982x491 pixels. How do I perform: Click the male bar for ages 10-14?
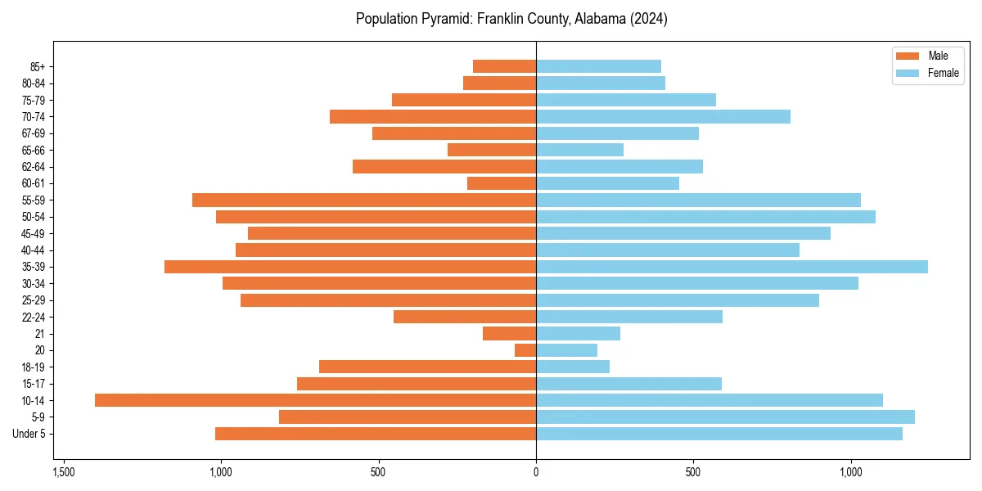[x=315, y=400]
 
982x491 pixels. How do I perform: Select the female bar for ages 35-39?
[x=732, y=267]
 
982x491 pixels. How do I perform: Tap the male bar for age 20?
[x=525, y=350]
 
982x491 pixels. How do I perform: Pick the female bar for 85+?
[x=598, y=66]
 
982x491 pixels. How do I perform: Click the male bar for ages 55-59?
[x=364, y=200]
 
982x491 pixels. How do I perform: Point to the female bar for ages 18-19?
[x=573, y=367]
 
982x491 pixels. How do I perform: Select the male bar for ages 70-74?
[x=433, y=116]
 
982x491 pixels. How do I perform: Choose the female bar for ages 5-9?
[x=725, y=417]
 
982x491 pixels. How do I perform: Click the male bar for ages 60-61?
[x=502, y=183]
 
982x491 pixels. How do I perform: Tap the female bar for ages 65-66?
[x=579, y=150]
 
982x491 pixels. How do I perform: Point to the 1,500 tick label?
[x=64, y=472]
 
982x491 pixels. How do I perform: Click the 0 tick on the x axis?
[x=536, y=472]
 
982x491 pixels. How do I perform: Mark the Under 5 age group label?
[x=29, y=434]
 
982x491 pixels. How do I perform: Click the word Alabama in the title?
[x=579, y=19]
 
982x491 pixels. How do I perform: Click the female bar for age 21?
[x=578, y=333]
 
